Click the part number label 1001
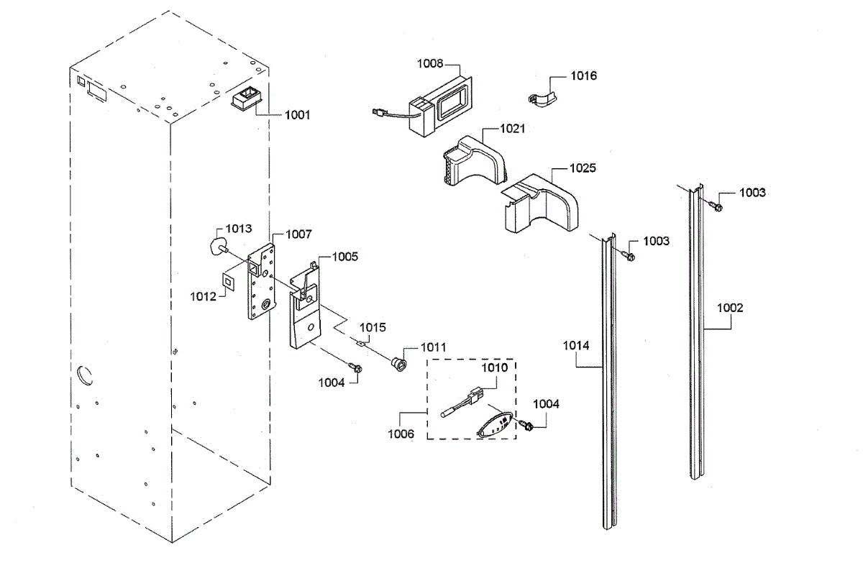(x=297, y=114)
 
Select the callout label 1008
(x=431, y=63)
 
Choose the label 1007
(x=298, y=234)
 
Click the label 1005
(x=344, y=256)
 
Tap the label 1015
(x=373, y=327)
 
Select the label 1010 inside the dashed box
(x=494, y=367)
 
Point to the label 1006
(x=400, y=434)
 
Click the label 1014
(x=576, y=346)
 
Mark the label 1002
(x=730, y=308)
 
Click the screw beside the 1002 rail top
(x=716, y=206)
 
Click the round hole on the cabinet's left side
(x=84, y=375)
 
